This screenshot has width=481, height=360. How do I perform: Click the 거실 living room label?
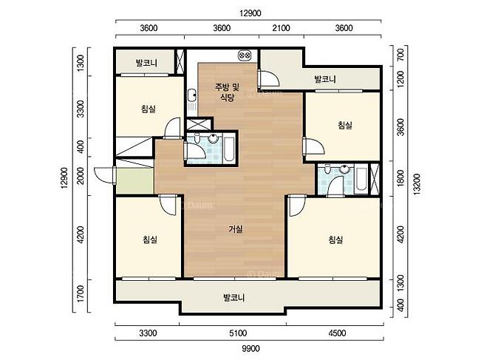pos(236,229)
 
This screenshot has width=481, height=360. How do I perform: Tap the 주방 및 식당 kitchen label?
pos(227,92)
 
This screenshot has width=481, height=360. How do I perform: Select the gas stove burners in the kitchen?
pos(245,55)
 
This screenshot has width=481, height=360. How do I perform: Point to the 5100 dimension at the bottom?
pos(238,333)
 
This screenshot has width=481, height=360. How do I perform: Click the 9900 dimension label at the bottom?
pos(250,349)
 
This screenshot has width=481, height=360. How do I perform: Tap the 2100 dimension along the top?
pos(281,28)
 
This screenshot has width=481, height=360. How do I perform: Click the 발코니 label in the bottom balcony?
pos(233,297)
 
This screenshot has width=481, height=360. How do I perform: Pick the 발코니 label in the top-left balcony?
pos(146,64)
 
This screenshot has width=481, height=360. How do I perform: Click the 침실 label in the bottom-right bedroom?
pos(335,240)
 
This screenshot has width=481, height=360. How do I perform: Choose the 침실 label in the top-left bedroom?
pos(149,109)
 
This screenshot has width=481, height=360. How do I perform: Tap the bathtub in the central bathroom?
pos(230,149)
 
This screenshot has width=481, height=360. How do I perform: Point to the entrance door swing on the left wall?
pos(104,175)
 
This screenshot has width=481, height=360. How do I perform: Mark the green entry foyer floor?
pos(135,180)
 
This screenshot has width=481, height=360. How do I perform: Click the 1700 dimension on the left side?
pos(81,293)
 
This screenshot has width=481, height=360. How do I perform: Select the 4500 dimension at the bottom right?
pos(337,333)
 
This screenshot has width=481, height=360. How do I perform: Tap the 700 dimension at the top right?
pos(400,55)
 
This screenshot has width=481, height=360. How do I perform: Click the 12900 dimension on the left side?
pos(64,178)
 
